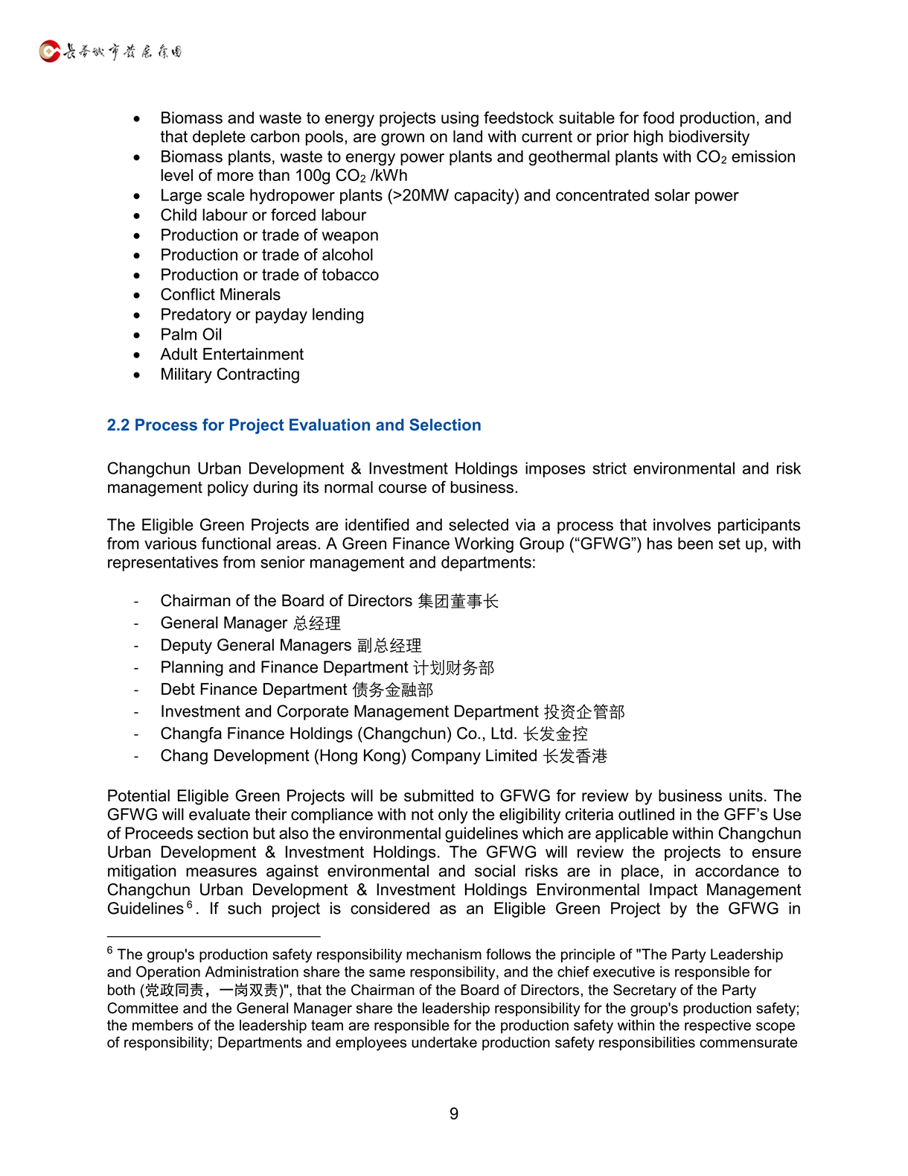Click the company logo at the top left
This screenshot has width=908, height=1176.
pos(110,51)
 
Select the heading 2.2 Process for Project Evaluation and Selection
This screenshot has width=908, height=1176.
pos(294,425)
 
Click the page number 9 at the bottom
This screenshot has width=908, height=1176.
pos(454,1113)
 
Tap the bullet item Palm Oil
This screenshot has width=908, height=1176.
pos(191,334)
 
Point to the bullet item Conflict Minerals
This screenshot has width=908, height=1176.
pos(220,295)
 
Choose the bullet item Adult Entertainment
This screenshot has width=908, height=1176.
pos(232,355)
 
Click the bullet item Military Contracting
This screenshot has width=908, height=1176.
pos(230,375)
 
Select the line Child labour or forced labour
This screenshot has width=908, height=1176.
pos(263,215)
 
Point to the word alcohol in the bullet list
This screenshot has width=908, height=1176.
pos(347,255)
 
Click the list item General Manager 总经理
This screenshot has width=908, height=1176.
pos(251,623)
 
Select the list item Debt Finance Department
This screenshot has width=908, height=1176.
pos(254,690)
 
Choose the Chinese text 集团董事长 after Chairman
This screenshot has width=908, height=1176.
pos(458,601)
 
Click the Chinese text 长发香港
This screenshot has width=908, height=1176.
pos(575,756)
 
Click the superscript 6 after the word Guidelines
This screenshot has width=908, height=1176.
pos(190,905)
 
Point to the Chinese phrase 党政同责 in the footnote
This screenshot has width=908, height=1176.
pos(174,991)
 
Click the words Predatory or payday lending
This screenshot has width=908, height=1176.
pos(262,315)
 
